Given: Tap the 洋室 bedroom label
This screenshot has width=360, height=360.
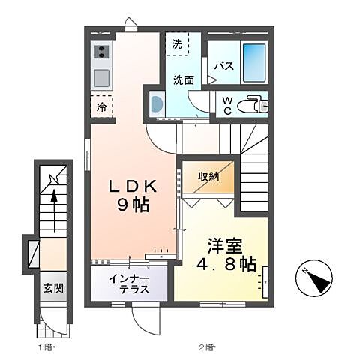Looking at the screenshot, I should point(222,244).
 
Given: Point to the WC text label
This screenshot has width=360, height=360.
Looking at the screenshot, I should point(224,105).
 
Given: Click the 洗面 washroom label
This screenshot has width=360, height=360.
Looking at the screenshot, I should point(184,79).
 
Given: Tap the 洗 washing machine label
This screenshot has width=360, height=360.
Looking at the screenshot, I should point(177,45).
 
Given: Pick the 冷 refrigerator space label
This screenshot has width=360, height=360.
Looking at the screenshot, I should point(101,107).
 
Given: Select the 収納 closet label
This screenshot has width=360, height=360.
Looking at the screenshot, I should point(208,177).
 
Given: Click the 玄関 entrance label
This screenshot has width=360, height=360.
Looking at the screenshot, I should point(52,288).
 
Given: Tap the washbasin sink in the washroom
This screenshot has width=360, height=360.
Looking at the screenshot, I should point(156,104).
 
